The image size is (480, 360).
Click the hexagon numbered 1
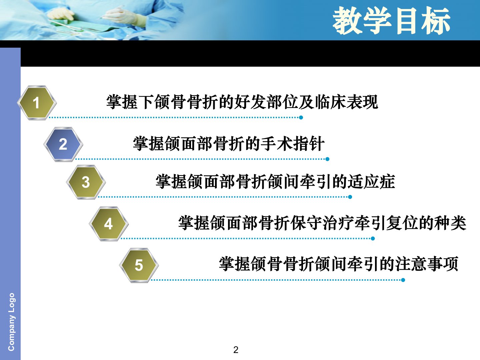tap(37, 103)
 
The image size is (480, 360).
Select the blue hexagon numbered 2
tap(63, 144)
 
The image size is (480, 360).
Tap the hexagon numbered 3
tap(86, 182)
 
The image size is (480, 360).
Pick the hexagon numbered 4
tap(109, 224)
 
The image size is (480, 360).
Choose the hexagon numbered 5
tap(139, 265)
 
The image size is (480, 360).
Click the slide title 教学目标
tap(391, 20)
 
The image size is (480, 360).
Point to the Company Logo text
tap(11, 322)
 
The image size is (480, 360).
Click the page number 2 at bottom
tap(236, 350)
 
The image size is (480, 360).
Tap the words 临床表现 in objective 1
tap(346, 102)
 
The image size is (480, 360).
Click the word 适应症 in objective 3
tap(371, 181)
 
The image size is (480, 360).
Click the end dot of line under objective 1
tap(301, 118)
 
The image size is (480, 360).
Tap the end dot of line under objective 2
tap(327, 159)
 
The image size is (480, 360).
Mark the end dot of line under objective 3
tap(350, 197)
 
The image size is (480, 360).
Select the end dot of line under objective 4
tap(373, 238)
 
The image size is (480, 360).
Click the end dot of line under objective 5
tap(403, 280)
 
